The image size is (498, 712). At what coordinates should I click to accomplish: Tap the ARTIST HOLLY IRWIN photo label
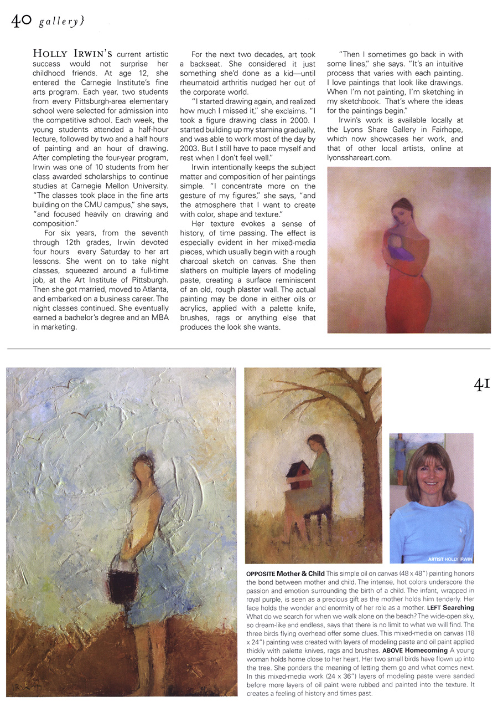pyautogui.click(x=450, y=559)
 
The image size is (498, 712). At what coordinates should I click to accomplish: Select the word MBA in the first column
pyautogui.click(x=159, y=317)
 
